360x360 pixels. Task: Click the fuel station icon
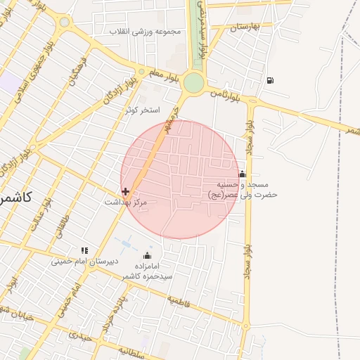point(271,80)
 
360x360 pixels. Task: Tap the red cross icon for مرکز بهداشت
point(125,191)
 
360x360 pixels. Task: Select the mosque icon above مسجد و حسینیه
point(242,174)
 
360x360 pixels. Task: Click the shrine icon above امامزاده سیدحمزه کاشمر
point(147,255)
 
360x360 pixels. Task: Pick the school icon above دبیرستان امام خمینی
point(84,250)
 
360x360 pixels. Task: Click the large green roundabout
point(193,83)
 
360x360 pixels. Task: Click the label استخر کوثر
point(143,110)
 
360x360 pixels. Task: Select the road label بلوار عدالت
point(38,212)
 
